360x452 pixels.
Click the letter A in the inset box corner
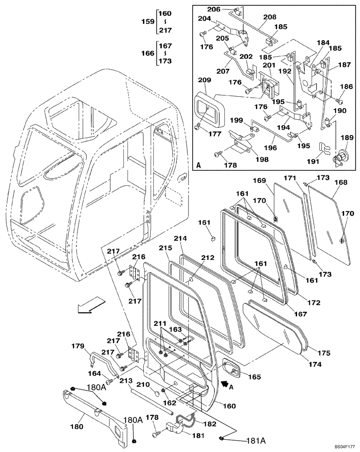199,165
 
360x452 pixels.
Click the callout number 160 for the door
229,406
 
